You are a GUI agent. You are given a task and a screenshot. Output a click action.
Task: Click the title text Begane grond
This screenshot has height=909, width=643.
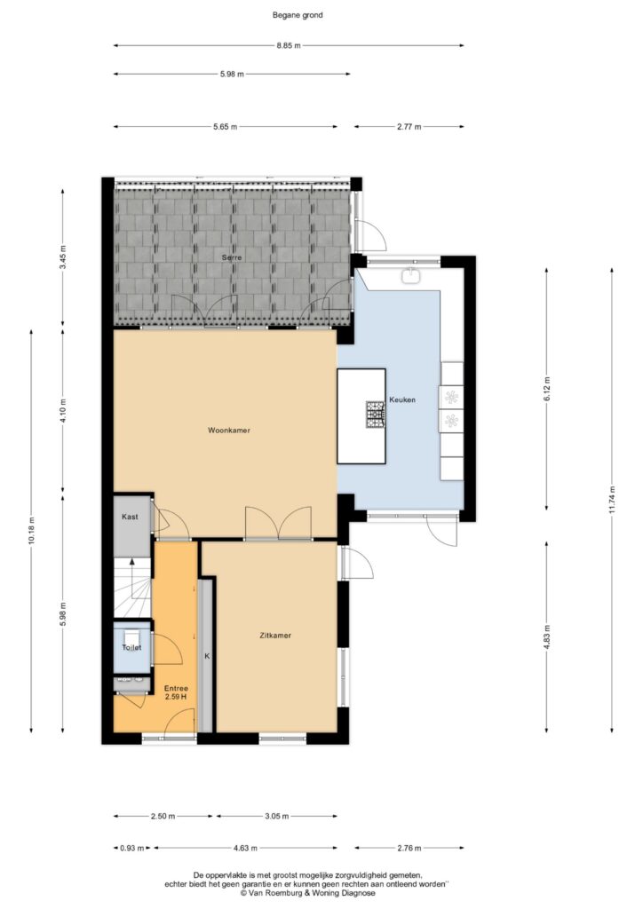pyautogui.click(x=298, y=16)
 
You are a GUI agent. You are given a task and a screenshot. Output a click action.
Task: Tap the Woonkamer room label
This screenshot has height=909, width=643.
pyautogui.click(x=229, y=431)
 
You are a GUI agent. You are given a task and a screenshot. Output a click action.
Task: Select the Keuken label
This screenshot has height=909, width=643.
pyautogui.click(x=402, y=399)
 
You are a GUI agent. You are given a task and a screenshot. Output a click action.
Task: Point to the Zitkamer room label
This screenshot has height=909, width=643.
pyautogui.click(x=275, y=636)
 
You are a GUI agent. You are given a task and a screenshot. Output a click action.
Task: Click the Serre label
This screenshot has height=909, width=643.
pyautogui.click(x=231, y=257)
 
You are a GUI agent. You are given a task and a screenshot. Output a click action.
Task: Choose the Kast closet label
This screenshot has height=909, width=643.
pyautogui.click(x=130, y=517)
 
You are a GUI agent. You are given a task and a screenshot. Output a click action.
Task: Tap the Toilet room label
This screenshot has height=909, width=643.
pyautogui.click(x=131, y=647)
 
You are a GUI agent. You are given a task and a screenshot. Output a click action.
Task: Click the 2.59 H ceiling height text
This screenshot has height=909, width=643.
pyautogui.click(x=176, y=697)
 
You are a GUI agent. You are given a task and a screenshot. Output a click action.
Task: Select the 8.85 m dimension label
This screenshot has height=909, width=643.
pyautogui.click(x=289, y=46)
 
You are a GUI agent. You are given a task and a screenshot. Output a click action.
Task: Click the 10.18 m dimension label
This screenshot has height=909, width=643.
pyautogui.click(x=31, y=530)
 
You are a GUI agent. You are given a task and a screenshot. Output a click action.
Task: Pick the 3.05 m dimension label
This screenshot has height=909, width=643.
pyautogui.click(x=276, y=817)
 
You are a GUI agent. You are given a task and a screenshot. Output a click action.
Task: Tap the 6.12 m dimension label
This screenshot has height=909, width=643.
pyautogui.click(x=547, y=389)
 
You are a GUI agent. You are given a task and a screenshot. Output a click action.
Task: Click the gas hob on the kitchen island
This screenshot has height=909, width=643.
pyautogui.click(x=375, y=415)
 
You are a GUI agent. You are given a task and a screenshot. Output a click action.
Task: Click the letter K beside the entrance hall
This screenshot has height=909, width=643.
pyautogui.click(x=206, y=656)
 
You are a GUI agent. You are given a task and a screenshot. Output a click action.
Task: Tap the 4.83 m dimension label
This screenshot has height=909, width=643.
pyautogui.click(x=547, y=636)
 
